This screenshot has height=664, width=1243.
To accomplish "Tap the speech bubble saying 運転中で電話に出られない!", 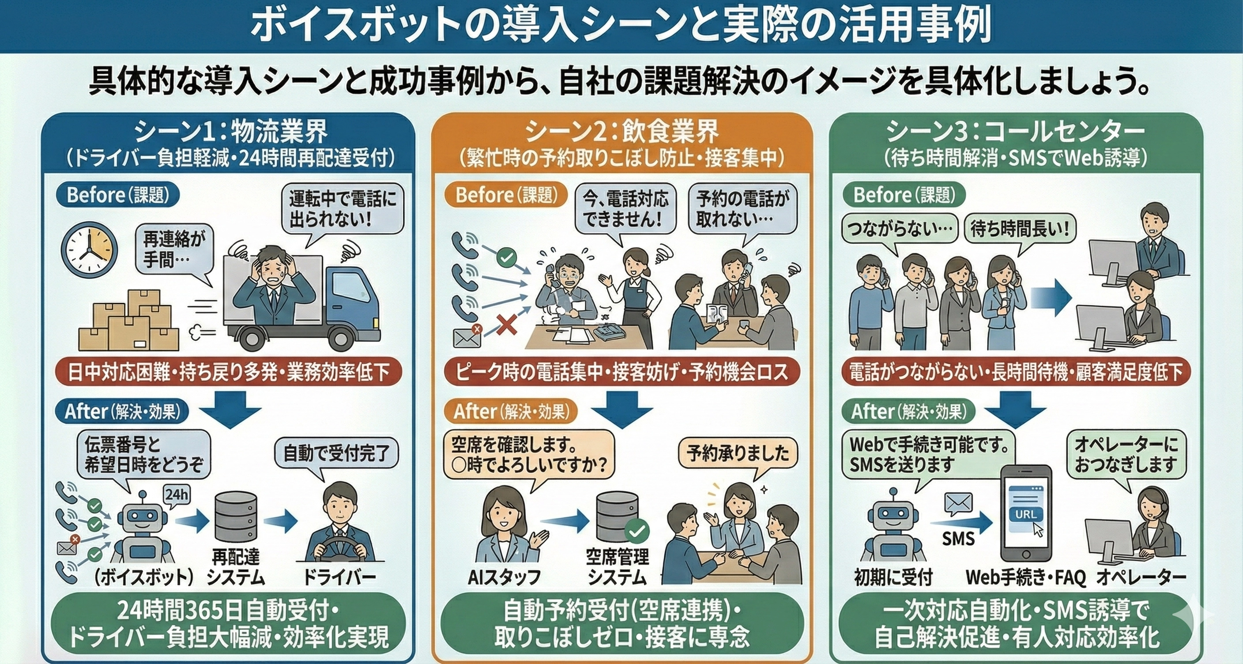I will click(342, 209).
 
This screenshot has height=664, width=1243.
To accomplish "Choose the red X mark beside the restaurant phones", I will click(506, 325).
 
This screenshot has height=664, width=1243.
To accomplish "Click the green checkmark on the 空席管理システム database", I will click(637, 531).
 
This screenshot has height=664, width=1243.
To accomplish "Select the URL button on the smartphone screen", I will click(1025, 514).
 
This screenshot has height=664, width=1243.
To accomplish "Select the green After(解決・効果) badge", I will click(908, 411).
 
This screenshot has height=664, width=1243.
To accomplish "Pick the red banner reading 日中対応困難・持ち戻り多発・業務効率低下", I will click(228, 372).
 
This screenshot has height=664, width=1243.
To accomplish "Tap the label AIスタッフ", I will click(504, 577).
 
